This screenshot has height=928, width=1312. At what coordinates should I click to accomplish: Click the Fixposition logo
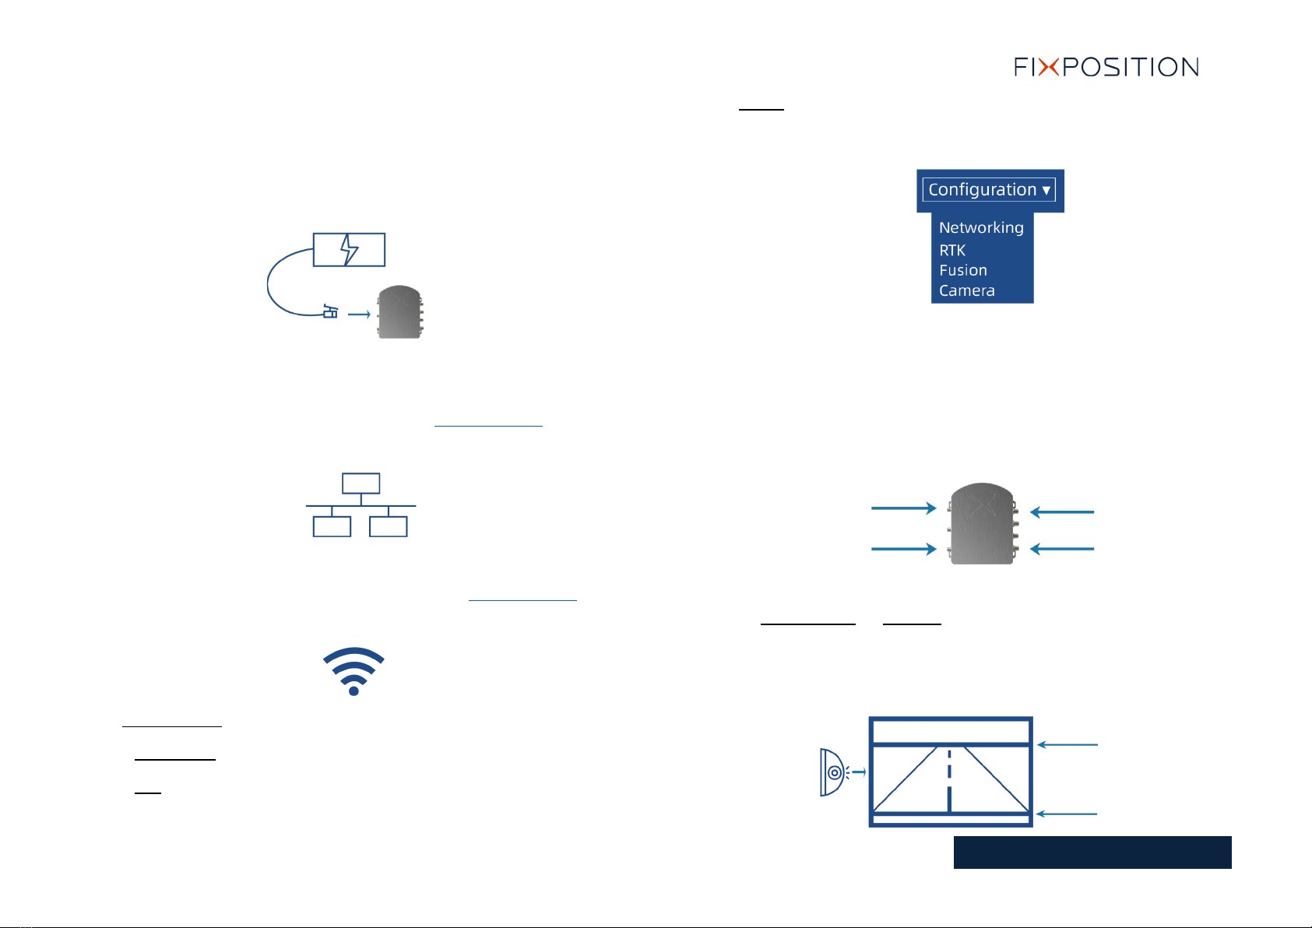click(x=1106, y=67)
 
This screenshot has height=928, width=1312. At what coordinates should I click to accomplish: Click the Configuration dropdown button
click(x=989, y=190)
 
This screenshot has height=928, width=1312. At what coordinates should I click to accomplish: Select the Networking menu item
click(x=981, y=227)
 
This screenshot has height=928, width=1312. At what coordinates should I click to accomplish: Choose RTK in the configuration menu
click(x=952, y=250)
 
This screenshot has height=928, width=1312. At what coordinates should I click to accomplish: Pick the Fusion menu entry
click(x=963, y=270)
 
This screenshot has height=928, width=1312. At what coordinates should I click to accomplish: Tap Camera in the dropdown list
click(x=967, y=290)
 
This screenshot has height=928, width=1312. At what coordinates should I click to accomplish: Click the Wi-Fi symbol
click(x=354, y=670)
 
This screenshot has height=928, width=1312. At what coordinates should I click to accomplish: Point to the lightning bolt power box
click(x=349, y=250)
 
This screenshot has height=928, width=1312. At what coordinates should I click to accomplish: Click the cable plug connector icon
click(x=331, y=313)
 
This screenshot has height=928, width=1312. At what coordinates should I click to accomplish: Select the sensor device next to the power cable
click(x=400, y=311)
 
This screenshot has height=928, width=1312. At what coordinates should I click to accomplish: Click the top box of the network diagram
click(x=361, y=483)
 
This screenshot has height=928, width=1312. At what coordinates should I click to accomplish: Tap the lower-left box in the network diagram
click(x=332, y=526)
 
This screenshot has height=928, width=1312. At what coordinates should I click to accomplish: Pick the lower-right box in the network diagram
click(x=389, y=526)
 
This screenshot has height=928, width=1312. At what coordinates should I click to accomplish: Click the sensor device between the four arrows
click(x=983, y=524)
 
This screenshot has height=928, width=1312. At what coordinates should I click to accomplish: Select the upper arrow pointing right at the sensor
click(x=903, y=508)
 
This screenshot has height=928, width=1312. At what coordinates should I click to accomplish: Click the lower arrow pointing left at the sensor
click(x=1062, y=549)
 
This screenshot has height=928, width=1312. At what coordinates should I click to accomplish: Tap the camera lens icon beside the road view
click(x=833, y=772)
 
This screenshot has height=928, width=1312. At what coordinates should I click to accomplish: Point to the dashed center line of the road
click(x=949, y=779)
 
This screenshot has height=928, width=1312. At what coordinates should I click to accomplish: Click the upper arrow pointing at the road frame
click(x=1067, y=745)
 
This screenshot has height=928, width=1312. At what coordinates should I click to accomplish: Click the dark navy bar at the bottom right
click(x=1092, y=852)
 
